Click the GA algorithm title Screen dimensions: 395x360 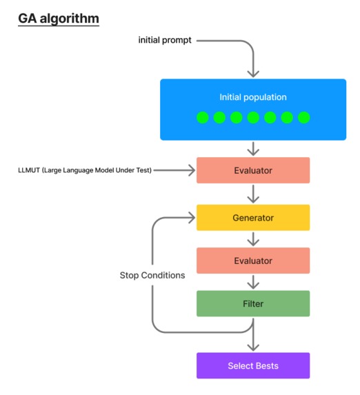point(59,17)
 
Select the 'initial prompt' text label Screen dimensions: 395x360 point(165,41)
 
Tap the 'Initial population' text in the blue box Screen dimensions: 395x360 point(252,97)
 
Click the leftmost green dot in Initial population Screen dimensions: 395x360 point(203,117)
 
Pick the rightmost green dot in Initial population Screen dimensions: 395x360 point(303,117)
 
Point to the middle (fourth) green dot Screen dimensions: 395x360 point(253,117)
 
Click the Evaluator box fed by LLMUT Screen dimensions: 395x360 point(252,170)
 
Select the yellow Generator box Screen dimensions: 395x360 point(252,218)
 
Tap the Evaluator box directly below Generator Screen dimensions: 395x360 point(252,261)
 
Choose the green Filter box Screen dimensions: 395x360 point(252,303)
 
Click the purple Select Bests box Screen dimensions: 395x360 point(252,365)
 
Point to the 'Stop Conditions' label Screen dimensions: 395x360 point(152,275)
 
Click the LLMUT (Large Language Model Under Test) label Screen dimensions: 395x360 point(84,170)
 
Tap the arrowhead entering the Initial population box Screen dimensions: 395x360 point(253,72)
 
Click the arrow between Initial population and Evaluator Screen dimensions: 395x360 point(253,148)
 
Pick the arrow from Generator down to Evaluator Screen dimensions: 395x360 point(253,239)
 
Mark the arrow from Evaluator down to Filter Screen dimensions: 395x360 point(253,282)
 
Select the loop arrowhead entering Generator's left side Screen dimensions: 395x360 point(191,218)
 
